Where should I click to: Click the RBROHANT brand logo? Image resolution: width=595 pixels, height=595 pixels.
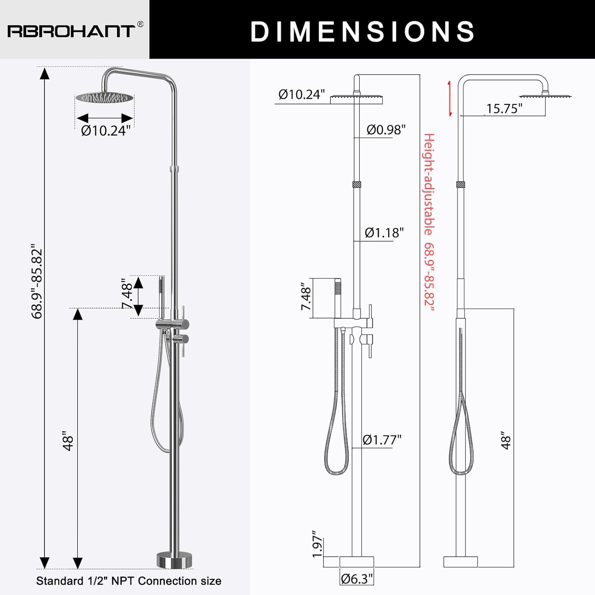pyautogui.click(x=71, y=31)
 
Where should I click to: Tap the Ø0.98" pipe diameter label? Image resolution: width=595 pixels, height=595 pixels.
pyautogui.click(x=386, y=129)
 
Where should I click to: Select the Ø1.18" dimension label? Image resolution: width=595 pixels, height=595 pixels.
pyautogui.click(x=384, y=232)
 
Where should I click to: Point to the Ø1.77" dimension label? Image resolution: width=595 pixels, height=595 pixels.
pyautogui.click(x=382, y=440)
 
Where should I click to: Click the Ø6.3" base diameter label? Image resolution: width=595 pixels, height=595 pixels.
pyautogui.click(x=357, y=579)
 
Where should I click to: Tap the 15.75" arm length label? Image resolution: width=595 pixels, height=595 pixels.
pyautogui.click(x=504, y=108)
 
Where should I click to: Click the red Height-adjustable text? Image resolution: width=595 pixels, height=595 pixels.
pyautogui.click(x=429, y=184)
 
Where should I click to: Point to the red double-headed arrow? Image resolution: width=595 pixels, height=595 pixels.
pyautogui.click(x=450, y=98)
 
